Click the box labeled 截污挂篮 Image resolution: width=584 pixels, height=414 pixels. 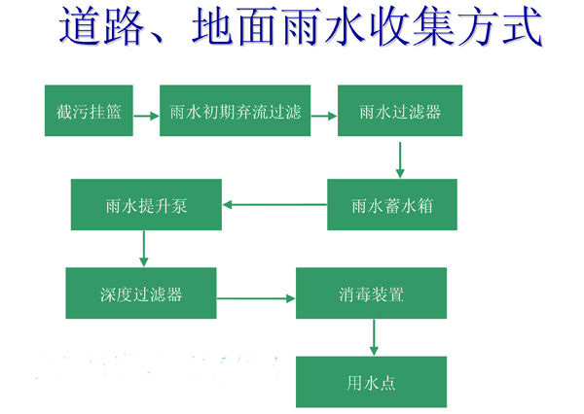coord(89,111)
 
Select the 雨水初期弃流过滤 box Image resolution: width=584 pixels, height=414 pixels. coord(235,111)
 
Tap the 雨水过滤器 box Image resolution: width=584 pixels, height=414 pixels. coord(400,111)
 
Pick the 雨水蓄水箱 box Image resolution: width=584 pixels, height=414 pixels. coord(392,205)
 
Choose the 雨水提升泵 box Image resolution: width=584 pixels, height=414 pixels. coord(146,205)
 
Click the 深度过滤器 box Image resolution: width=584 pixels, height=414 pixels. coord(141,293)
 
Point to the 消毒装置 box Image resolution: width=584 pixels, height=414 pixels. coord(372,293)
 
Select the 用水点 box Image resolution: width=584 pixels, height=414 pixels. coord(372,382)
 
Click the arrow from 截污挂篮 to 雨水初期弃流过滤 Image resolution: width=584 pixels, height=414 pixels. coord(146,116)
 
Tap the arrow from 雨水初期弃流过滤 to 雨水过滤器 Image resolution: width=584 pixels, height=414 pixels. coord(324,116)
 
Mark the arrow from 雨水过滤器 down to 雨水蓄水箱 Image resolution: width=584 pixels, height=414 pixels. coord(400,160)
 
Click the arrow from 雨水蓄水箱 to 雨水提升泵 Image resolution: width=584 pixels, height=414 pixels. coord(274,205)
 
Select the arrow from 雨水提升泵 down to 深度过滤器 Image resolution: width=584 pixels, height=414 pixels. coord(144,249)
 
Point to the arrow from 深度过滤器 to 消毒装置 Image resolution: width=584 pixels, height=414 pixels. coord(256,298)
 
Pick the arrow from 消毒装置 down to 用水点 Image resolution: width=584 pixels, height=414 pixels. coord(374,337)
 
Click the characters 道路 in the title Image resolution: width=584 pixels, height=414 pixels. coord(101,27)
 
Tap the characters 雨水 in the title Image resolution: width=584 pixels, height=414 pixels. coord(324,27)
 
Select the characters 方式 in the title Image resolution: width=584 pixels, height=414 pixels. coord(500,27)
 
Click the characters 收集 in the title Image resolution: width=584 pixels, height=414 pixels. coord(412,27)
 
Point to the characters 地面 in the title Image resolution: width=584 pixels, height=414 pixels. coord(236,27)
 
